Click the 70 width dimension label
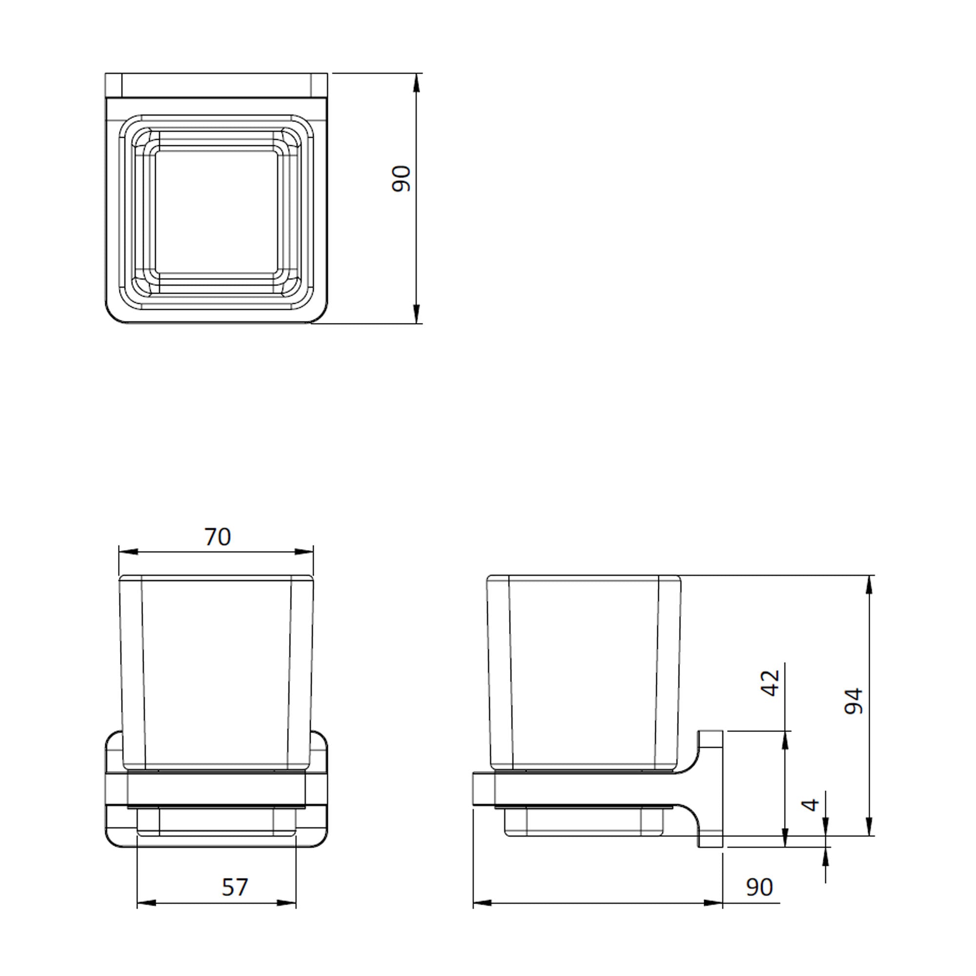pos(218,537)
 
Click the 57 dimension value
pos(235,887)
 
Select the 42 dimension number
pos(771,684)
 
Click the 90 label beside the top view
pos(402,179)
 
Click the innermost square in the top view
pos(216,212)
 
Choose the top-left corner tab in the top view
pos(114,85)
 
